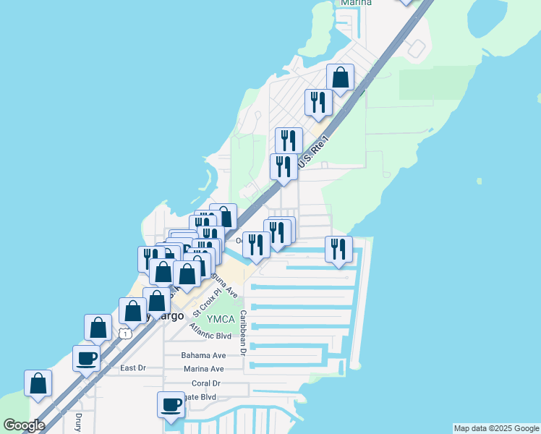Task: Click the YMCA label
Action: pyautogui.click(x=221, y=320)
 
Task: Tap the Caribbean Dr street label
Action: pyautogui.click(x=244, y=333)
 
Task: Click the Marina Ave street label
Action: pyautogui.click(x=203, y=369)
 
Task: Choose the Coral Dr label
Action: pyautogui.click(x=206, y=383)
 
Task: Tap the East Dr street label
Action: pyautogui.click(x=133, y=368)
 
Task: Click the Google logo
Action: pyautogui.click(x=24, y=425)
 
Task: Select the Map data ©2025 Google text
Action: pyautogui.click(x=495, y=428)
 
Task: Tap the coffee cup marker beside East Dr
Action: pyautogui.click(x=87, y=358)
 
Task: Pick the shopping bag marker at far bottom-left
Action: pyautogui.click(x=38, y=384)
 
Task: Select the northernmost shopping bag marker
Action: pyautogui.click(x=340, y=78)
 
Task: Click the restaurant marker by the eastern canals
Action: pyautogui.click(x=338, y=250)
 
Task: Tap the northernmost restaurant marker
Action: pyautogui.click(x=318, y=103)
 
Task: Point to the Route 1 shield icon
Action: pyautogui.click(x=126, y=333)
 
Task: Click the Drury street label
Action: pyautogui.click(x=78, y=423)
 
